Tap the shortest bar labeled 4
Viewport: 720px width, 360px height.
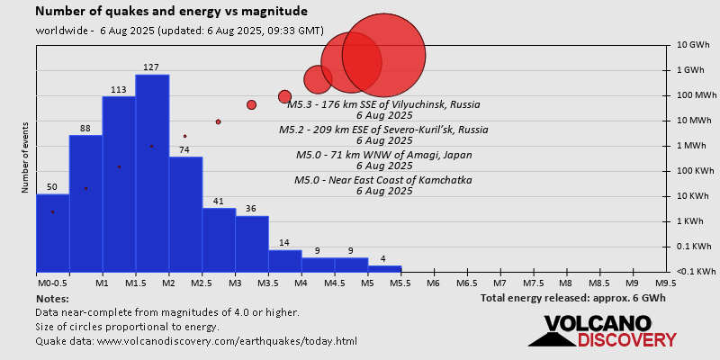[x=384, y=268]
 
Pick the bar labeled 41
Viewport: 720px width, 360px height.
[x=219, y=239]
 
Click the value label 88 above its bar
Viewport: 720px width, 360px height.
[x=85, y=129]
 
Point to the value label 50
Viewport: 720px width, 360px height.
[x=52, y=187]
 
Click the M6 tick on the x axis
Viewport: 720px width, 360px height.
[x=433, y=283]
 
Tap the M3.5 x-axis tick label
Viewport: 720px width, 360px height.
[x=267, y=283]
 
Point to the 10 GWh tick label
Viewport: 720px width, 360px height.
[x=694, y=45]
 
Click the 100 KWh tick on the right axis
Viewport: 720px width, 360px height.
[x=694, y=171]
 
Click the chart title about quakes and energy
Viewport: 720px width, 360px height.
[x=171, y=12]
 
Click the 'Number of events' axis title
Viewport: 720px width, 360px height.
[x=26, y=160]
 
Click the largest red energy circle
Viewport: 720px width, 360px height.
[x=384, y=55]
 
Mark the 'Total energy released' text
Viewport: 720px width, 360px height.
[x=572, y=298]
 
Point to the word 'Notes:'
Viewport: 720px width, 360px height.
[x=52, y=298]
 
